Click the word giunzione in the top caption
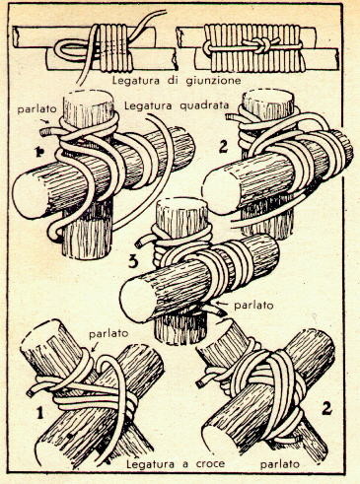213,81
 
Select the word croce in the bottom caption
209,463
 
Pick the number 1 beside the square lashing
40,153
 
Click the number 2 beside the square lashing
223,147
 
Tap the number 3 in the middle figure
132,262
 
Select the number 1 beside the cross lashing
39,413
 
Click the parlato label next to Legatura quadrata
37,109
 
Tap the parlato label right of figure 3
253,306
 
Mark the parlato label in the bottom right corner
280,464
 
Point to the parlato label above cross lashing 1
108,333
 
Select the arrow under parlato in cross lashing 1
96,347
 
